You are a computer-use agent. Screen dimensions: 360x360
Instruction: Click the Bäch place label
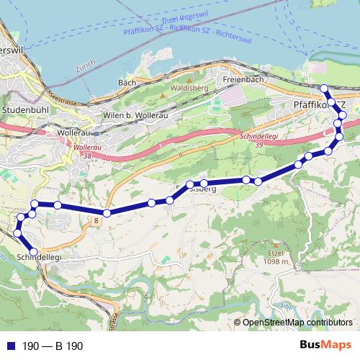click(x=127, y=83)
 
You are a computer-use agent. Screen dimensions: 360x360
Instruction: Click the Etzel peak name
click(x=276, y=254)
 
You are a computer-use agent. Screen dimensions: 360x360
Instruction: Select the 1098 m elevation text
click(x=276, y=262)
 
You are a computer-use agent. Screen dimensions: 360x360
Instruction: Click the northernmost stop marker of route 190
click(x=324, y=89)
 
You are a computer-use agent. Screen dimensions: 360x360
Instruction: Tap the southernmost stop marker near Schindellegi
click(x=33, y=251)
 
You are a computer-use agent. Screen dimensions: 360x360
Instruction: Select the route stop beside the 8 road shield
click(x=107, y=213)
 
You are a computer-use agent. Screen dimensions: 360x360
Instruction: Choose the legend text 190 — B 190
click(x=53, y=346)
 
